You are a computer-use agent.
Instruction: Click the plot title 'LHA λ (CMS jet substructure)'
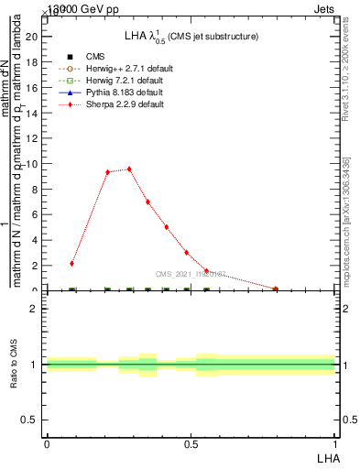[191, 36]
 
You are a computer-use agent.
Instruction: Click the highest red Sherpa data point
[129, 169]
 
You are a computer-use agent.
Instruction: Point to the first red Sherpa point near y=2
[71, 263]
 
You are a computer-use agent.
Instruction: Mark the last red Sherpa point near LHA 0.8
[275, 289]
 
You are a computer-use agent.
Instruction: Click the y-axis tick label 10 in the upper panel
[34, 164]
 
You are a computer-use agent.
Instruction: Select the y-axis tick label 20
[34, 37]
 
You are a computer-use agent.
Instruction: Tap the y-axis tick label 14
[34, 113]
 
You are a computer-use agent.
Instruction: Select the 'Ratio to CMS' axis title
[14, 364]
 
